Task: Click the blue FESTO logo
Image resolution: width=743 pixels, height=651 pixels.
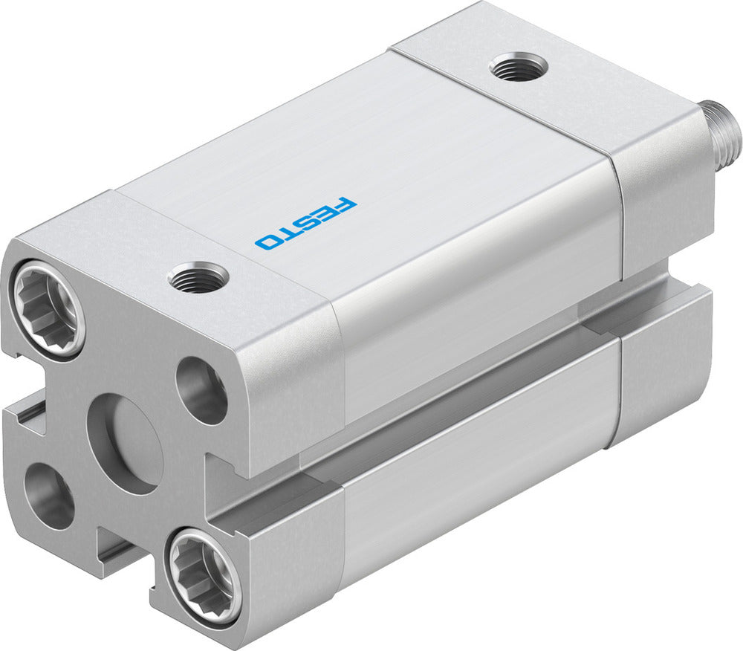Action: (305, 222)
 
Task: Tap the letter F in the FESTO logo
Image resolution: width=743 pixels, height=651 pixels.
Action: (346, 204)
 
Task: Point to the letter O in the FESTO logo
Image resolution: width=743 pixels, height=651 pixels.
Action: (267, 241)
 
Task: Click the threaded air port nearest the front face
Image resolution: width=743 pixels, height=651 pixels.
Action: (198, 276)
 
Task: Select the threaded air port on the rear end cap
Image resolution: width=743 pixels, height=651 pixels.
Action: (519, 68)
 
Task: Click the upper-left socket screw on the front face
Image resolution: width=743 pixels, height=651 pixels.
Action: (48, 306)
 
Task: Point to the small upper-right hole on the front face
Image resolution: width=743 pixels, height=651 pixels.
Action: (201, 389)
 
